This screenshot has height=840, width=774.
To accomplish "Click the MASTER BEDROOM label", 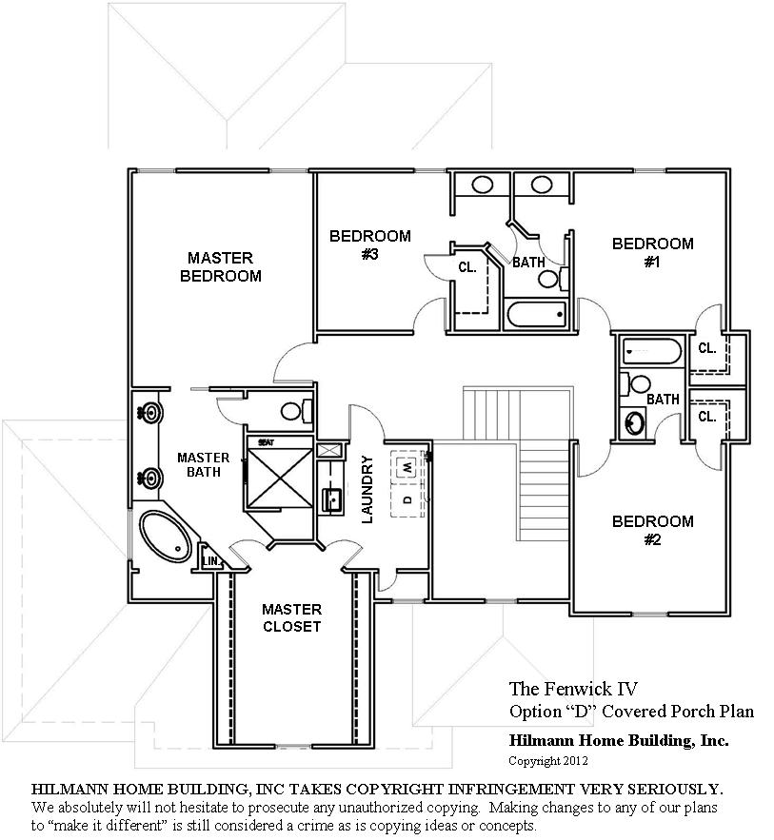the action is click(220, 266).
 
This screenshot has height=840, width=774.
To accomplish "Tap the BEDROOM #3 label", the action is click(369, 244).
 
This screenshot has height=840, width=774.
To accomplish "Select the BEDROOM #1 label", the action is click(652, 252).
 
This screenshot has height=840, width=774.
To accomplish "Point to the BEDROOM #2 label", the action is click(652, 530).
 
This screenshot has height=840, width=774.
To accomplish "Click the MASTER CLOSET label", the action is click(291, 617).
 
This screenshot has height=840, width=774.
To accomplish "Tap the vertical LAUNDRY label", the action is click(367, 489).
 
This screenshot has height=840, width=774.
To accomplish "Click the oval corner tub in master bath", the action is click(167, 537).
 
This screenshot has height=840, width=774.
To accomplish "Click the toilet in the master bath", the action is click(296, 411).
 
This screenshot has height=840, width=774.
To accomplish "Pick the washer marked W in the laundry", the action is click(407, 466).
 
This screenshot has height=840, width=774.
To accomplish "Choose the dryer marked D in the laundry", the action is click(407, 499).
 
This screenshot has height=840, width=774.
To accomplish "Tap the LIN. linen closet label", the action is click(211, 561).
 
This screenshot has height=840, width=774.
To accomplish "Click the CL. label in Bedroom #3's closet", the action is click(467, 266).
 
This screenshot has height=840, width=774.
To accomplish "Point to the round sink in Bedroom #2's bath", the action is click(635, 422).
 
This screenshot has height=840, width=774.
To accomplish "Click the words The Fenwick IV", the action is click(573, 689).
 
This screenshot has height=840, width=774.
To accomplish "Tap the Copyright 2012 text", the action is click(548, 761).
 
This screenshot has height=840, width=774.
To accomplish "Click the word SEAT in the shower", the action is click(267, 442).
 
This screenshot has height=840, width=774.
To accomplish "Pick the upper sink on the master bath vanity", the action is click(149, 413).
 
